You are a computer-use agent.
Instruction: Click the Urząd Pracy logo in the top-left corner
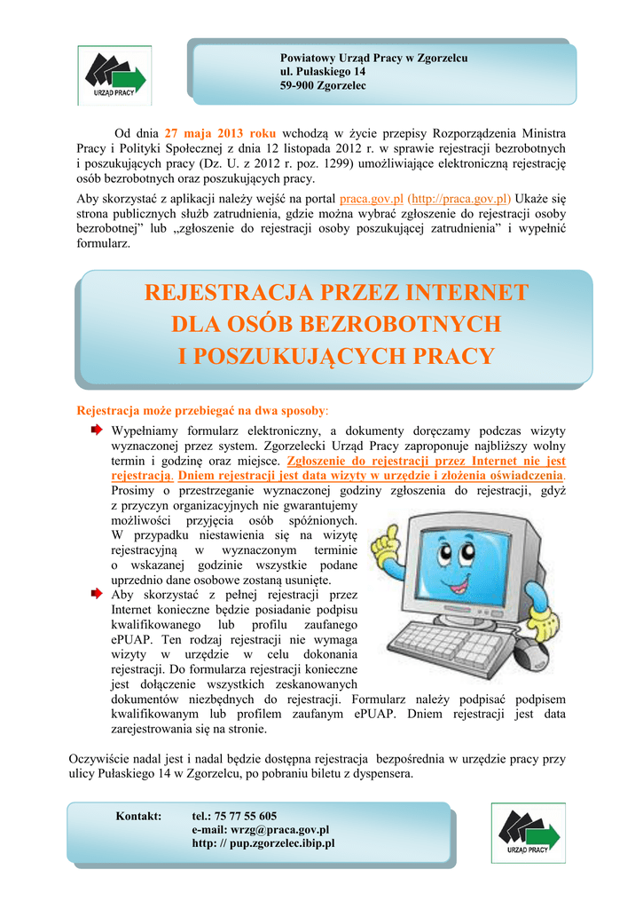click(x=114, y=75)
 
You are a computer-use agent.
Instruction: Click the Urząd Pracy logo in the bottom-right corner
click(x=529, y=833)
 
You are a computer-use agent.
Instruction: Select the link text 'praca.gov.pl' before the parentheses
click(x=372, y=199)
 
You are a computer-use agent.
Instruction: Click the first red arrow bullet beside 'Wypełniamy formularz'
click(x=96, y=430)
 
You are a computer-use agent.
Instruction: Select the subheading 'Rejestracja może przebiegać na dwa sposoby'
click(x=202, y=411)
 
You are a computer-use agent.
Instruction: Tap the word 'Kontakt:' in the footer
click(x=139, y=816)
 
